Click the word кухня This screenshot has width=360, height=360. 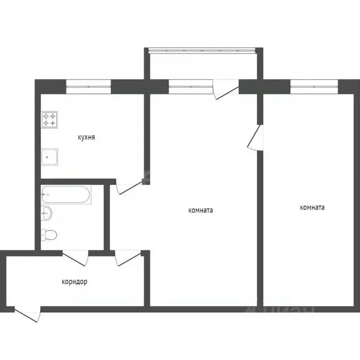[x=86, y=138]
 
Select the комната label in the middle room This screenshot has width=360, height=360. [x=200, y=210]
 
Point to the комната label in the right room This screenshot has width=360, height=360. [x=312, y=208]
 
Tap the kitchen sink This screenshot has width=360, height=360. [x=50, y=157]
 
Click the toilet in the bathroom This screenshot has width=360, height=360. [x=48, y=233]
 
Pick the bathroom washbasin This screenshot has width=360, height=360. [x=46, y=213]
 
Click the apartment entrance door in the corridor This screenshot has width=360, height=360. [x=27, y=314]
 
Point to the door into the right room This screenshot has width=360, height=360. [x=256, y=137]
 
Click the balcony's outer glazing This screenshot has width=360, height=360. [x=202, y=50]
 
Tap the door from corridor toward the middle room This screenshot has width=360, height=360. [x=128, y=257]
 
